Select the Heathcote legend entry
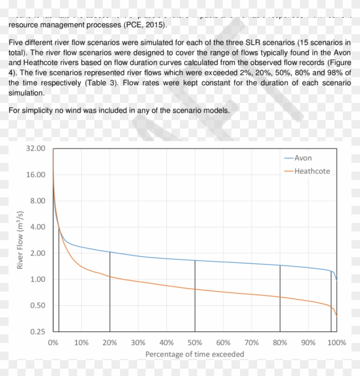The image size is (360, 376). point(312,171)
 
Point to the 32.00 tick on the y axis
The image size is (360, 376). point(36,148)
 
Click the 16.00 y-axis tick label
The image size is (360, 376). point(36,174)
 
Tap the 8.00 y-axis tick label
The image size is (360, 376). point(37,201)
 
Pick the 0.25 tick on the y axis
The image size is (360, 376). point(37,332)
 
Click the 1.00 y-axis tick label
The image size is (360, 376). point(37,280)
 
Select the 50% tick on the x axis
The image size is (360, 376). point(195,343)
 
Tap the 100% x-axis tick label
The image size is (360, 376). point(336,343)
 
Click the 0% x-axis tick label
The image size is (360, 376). point(53,343)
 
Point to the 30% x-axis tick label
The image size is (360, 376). point(138,343)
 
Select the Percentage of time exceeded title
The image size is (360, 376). point(195,354)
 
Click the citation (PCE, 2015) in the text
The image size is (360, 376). point(145,25)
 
